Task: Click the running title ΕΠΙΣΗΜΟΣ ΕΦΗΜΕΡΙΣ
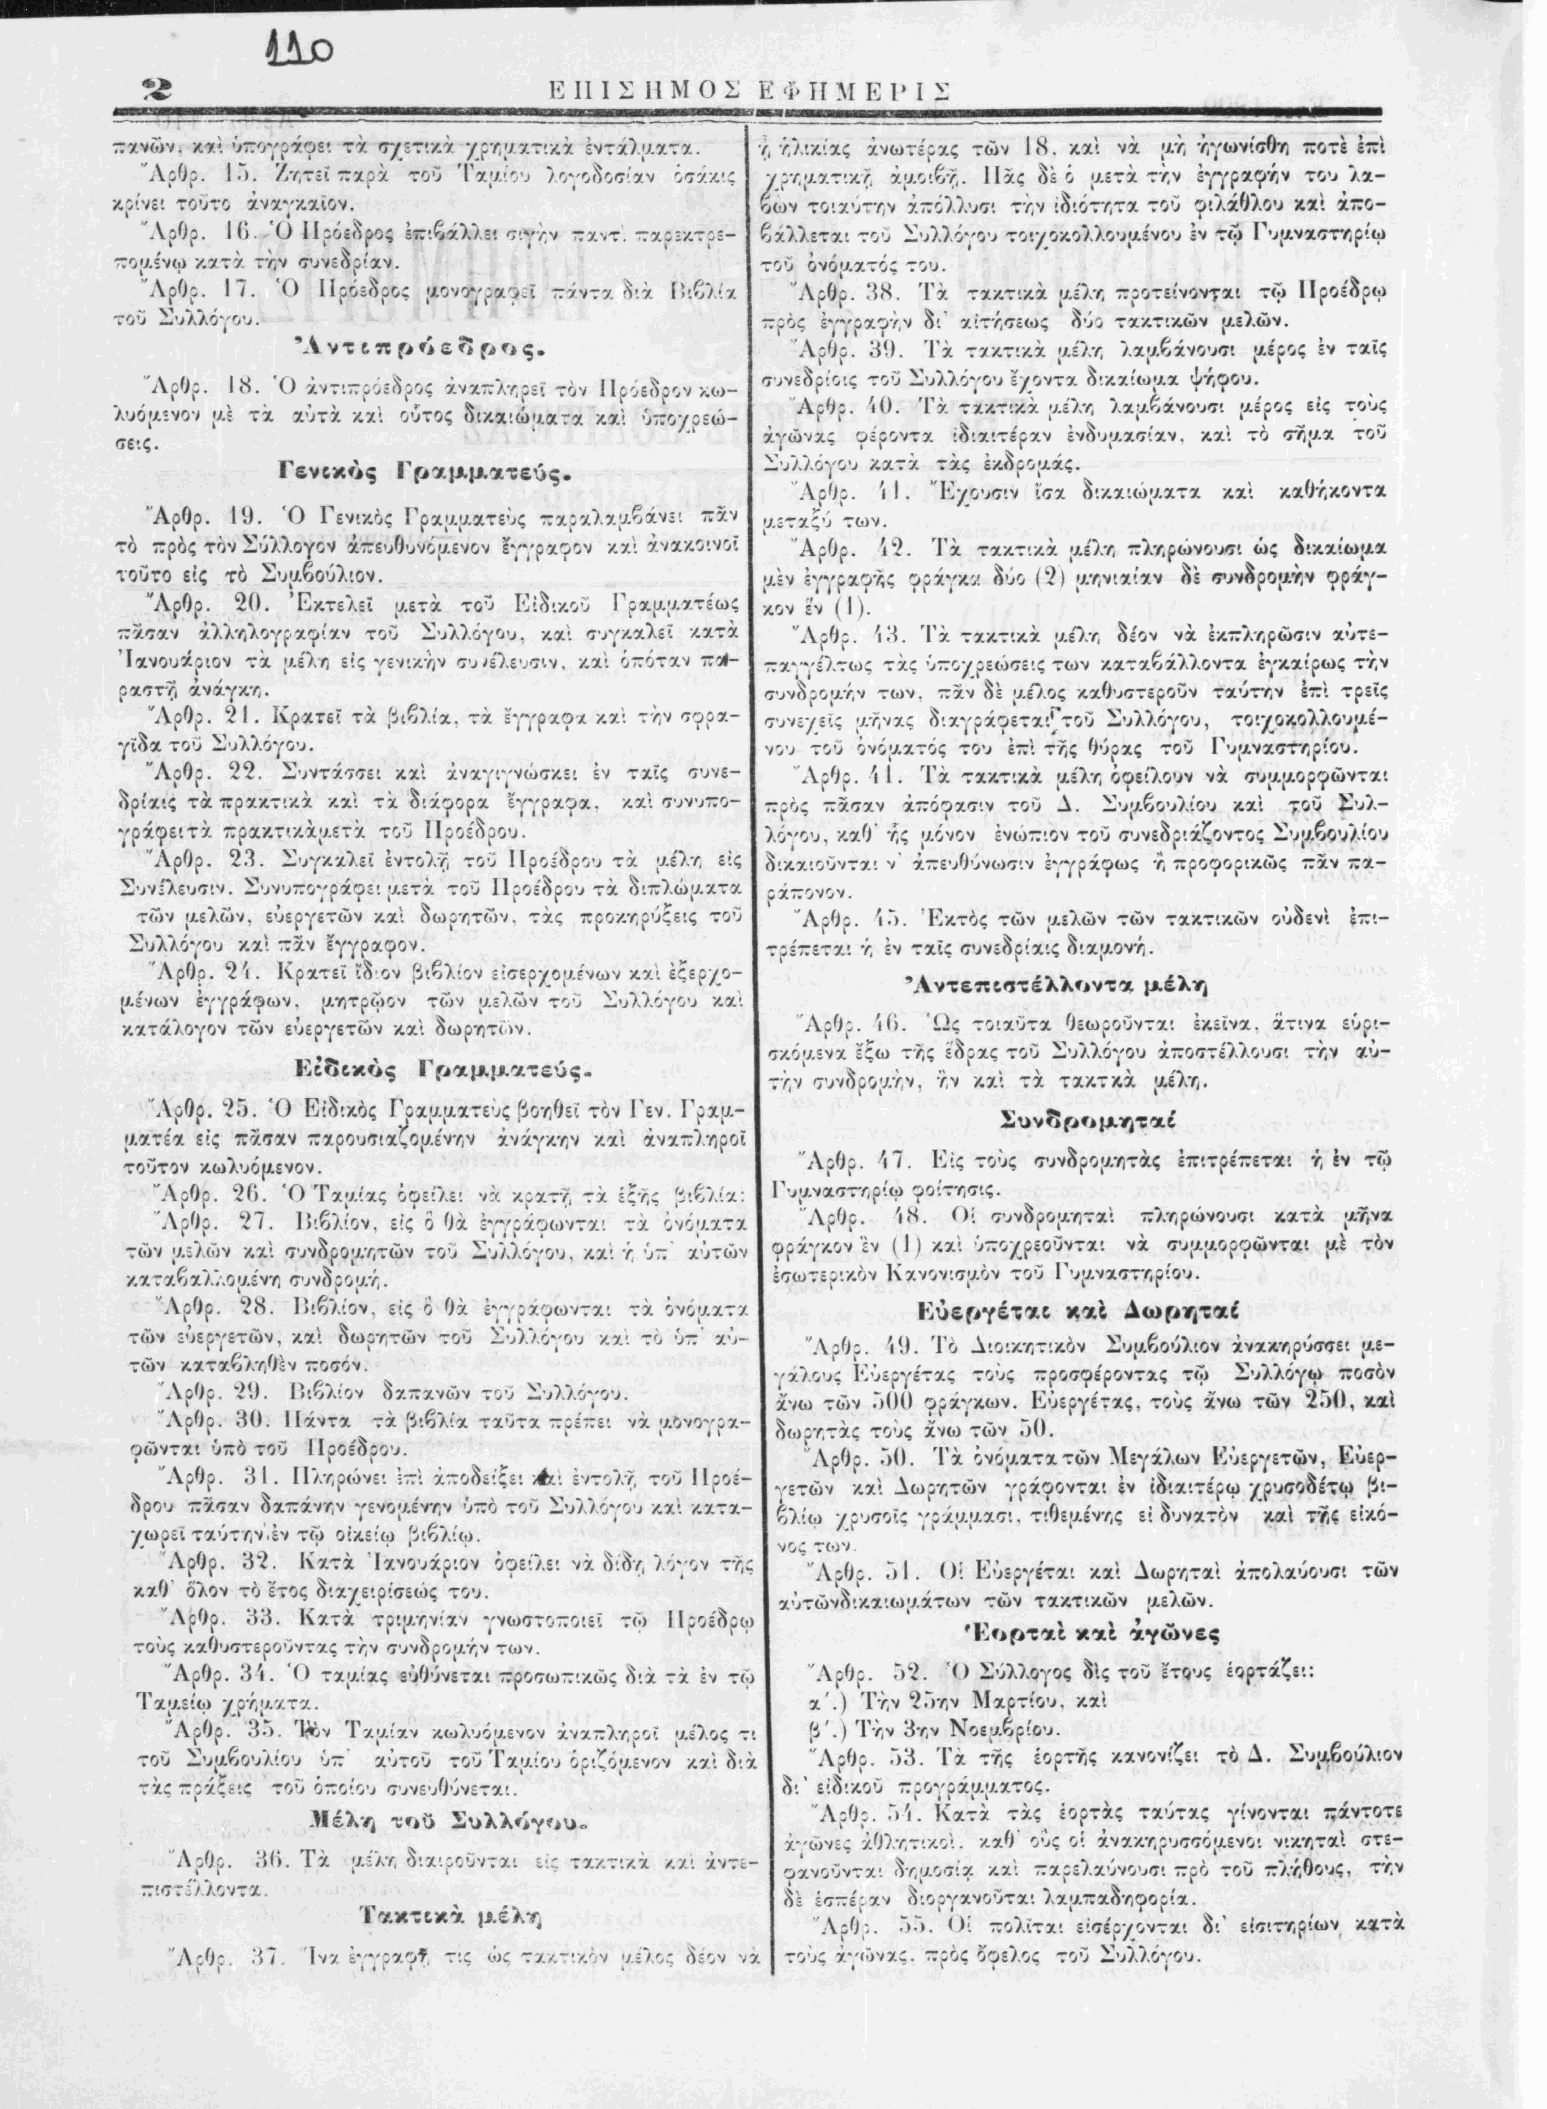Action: tap(747, 91)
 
